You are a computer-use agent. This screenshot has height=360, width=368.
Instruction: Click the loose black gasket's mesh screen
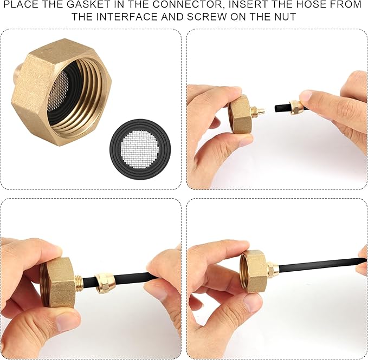coord(140,149)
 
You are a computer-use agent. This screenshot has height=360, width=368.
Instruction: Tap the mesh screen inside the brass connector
coord(58,91)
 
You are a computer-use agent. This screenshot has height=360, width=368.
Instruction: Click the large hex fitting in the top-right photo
coord(240,114)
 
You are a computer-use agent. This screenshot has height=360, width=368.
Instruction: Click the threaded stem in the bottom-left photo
coord(79,282)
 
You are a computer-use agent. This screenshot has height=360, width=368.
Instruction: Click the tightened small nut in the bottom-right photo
coord(273,269)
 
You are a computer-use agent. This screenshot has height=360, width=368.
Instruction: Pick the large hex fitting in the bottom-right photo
coord(254,271)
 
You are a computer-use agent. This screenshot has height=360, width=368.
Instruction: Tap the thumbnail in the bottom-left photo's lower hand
coord(67,322)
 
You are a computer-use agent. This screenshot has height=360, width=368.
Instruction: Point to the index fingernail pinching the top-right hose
coord(305,96)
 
